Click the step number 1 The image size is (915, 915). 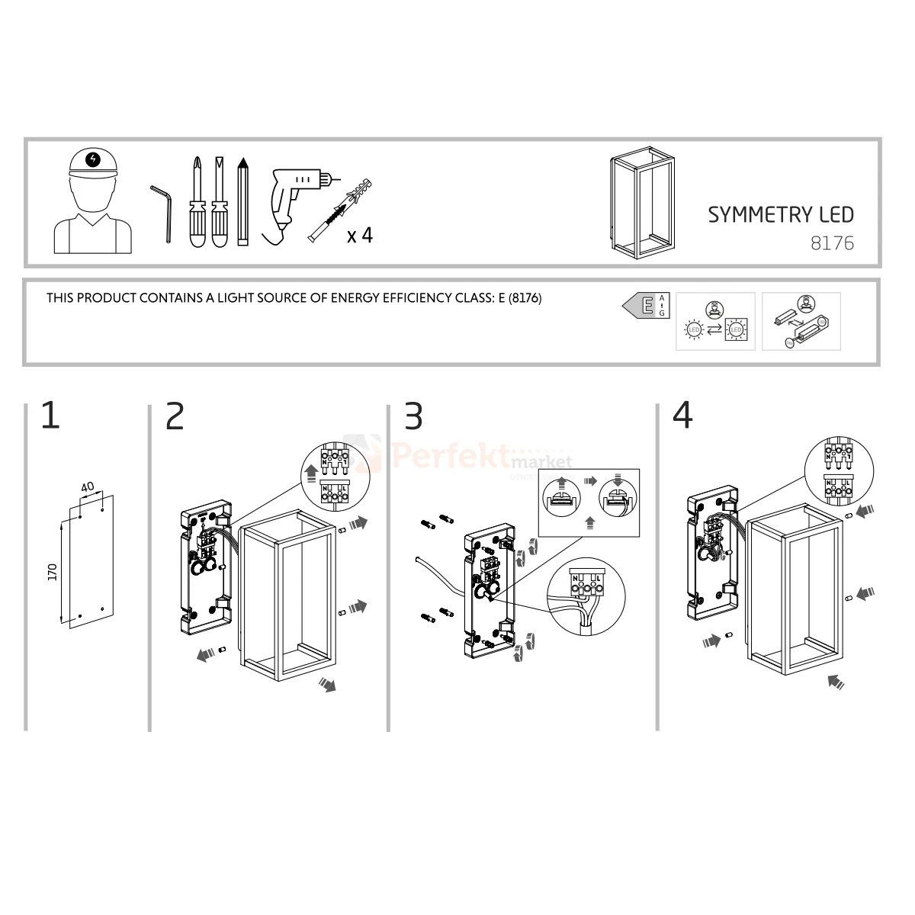tap(50, 416)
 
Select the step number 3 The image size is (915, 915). tap(413, 416)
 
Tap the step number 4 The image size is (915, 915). tap(682, 416)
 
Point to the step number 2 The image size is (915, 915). tap(175, 416)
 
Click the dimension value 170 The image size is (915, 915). tap(53, 571)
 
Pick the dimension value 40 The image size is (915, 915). tap(88, 486)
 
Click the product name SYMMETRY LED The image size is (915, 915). tap(780, 215)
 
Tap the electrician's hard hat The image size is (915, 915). tap(93, 162)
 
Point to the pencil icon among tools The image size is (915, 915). tap(243, 201)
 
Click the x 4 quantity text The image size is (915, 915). tap(360, 236)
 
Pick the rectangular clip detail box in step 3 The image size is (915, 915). tap(588, 503)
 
